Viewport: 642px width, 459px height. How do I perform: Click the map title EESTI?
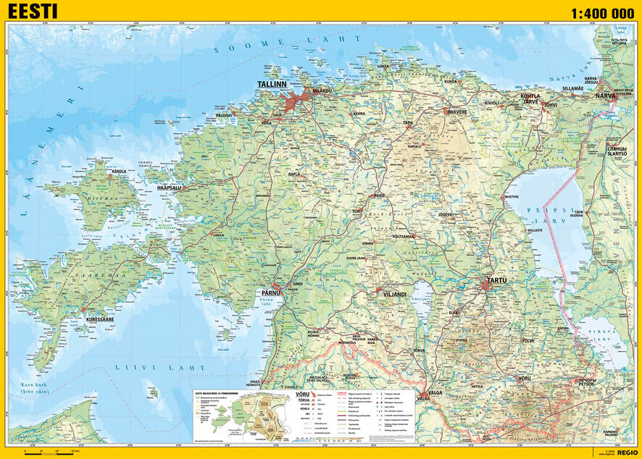click(x=33, y=12)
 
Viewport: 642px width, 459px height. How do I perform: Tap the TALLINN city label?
click(x=272, y=85)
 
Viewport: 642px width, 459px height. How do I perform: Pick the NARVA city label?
click(x=606, y=95)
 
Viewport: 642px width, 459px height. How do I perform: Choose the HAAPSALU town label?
click(x=170, y=188)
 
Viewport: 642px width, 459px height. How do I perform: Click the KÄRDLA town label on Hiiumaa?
click(x=117, y=172)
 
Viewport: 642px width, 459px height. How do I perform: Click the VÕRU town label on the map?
click(x=525, y=378)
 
